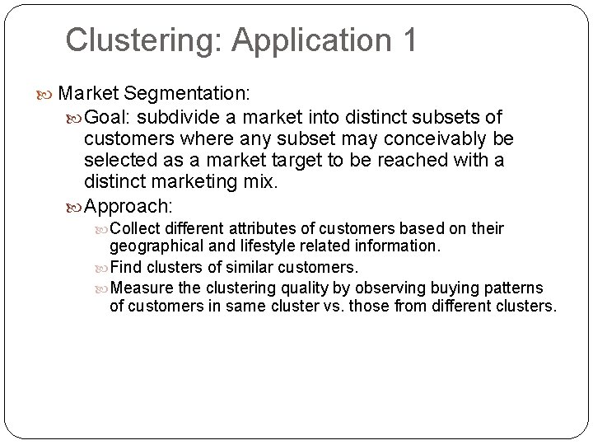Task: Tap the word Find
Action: [x=126, y=266]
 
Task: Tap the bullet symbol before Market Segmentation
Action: [x=50, y=91]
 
